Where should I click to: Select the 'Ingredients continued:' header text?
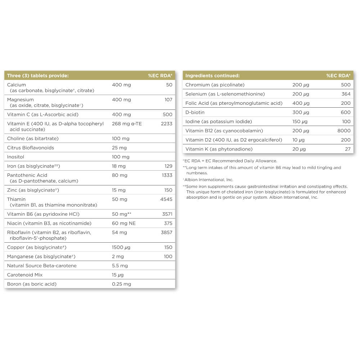point(212,76)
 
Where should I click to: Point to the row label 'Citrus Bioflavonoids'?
point(31,148)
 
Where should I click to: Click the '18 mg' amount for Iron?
point(119,166)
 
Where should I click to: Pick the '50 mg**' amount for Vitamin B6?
point(122,214)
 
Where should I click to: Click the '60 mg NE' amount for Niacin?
point(124,223)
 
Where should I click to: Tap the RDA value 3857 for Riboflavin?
point(167,233)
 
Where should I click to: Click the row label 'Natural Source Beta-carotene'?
point(42,266)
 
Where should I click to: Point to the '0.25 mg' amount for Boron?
point(122,284)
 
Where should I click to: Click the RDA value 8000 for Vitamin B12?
point(344,131)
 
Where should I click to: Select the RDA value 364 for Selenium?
point(346,94)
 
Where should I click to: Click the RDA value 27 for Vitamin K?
point(347,149)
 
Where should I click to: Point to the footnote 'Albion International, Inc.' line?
point(208,180)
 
